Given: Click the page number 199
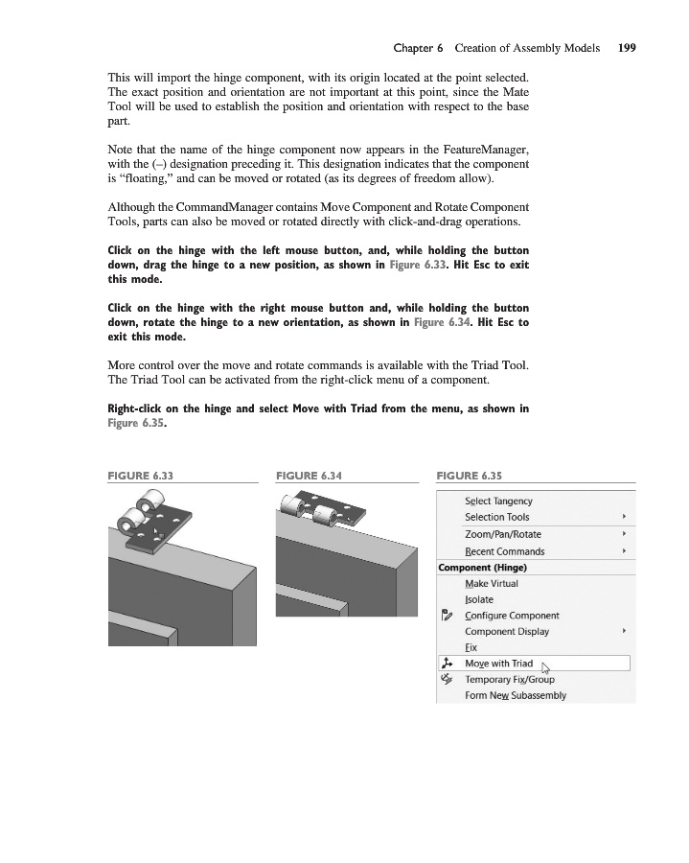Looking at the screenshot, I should (627, 47).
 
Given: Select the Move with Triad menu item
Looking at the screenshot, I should (498, 664).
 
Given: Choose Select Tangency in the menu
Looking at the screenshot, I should (498, 501).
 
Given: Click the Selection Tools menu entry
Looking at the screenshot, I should (496, 518).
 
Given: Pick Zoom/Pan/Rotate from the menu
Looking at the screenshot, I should (502, 534).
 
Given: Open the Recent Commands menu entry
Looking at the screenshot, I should (504, 551).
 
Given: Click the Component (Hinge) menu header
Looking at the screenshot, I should (483, 567).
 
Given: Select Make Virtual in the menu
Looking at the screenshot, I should (492, 584).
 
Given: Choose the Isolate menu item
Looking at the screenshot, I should (479, 600).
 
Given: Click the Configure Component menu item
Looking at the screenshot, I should (512, 616).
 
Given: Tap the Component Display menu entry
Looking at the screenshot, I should (507, 632).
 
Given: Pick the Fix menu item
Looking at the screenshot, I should (471, 648).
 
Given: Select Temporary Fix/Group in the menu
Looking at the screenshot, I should (510, 679).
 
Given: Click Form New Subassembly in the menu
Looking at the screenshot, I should (516, 695).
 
